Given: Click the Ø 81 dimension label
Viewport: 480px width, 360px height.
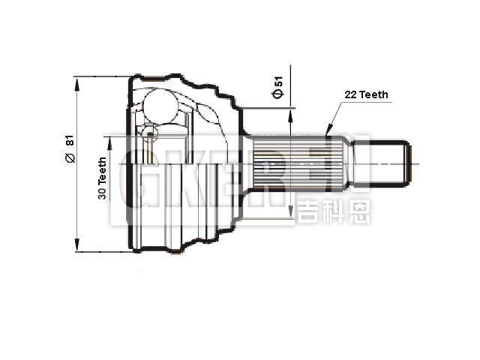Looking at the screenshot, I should [69, 149].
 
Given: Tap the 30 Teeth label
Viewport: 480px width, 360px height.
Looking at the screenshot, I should [102, 177].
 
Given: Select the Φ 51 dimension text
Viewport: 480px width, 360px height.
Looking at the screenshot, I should [277, 88].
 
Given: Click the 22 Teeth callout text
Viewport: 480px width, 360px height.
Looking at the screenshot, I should [366, 94].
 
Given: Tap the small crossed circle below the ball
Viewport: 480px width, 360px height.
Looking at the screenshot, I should [150, 135].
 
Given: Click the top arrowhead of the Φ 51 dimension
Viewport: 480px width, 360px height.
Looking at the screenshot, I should [291, 112].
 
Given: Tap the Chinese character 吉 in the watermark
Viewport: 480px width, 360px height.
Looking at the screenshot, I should [307, 211].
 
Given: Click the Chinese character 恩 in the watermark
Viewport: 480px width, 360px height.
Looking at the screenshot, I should [358, 211].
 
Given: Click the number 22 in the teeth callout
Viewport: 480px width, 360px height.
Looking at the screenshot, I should [350, 94].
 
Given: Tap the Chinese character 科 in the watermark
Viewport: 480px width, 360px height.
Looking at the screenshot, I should [333, 211].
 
